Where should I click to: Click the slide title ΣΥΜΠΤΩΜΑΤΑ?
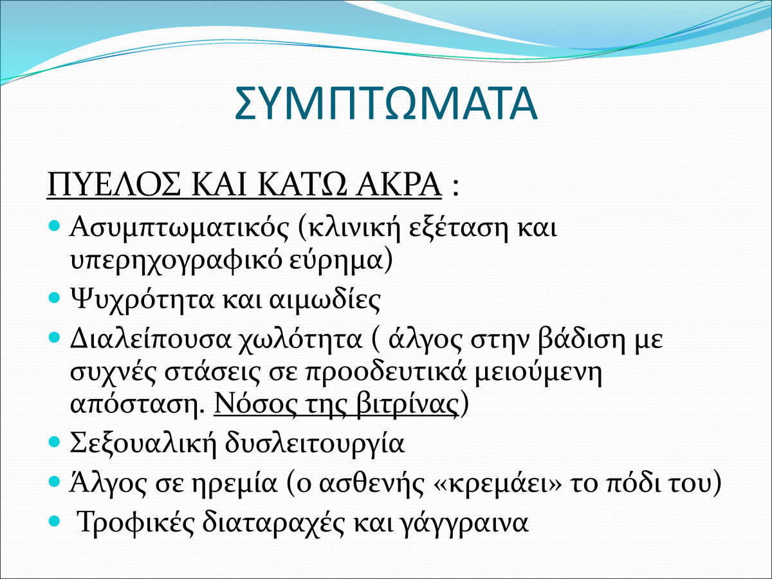click(x=386, y=104)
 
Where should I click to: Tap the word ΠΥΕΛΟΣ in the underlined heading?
click(x=114, y=184)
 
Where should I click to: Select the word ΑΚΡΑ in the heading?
click(x=398, y=184)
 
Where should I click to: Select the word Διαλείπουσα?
click(x=150, y=340)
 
